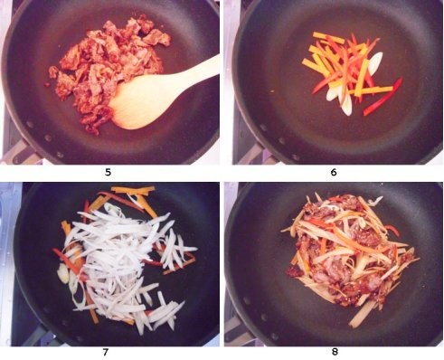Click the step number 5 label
click(108, 172)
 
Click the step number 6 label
click(334, 172)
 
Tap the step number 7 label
click(105, 352)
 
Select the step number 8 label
click(335, 352)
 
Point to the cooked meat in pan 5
click(106, 70)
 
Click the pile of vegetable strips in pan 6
click(350, 72)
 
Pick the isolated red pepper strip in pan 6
click(383, 97)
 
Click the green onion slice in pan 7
click(63, 273)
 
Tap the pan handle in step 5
click(18, 151)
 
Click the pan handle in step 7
click(39, 336)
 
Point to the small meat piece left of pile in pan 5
click(53, 72)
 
